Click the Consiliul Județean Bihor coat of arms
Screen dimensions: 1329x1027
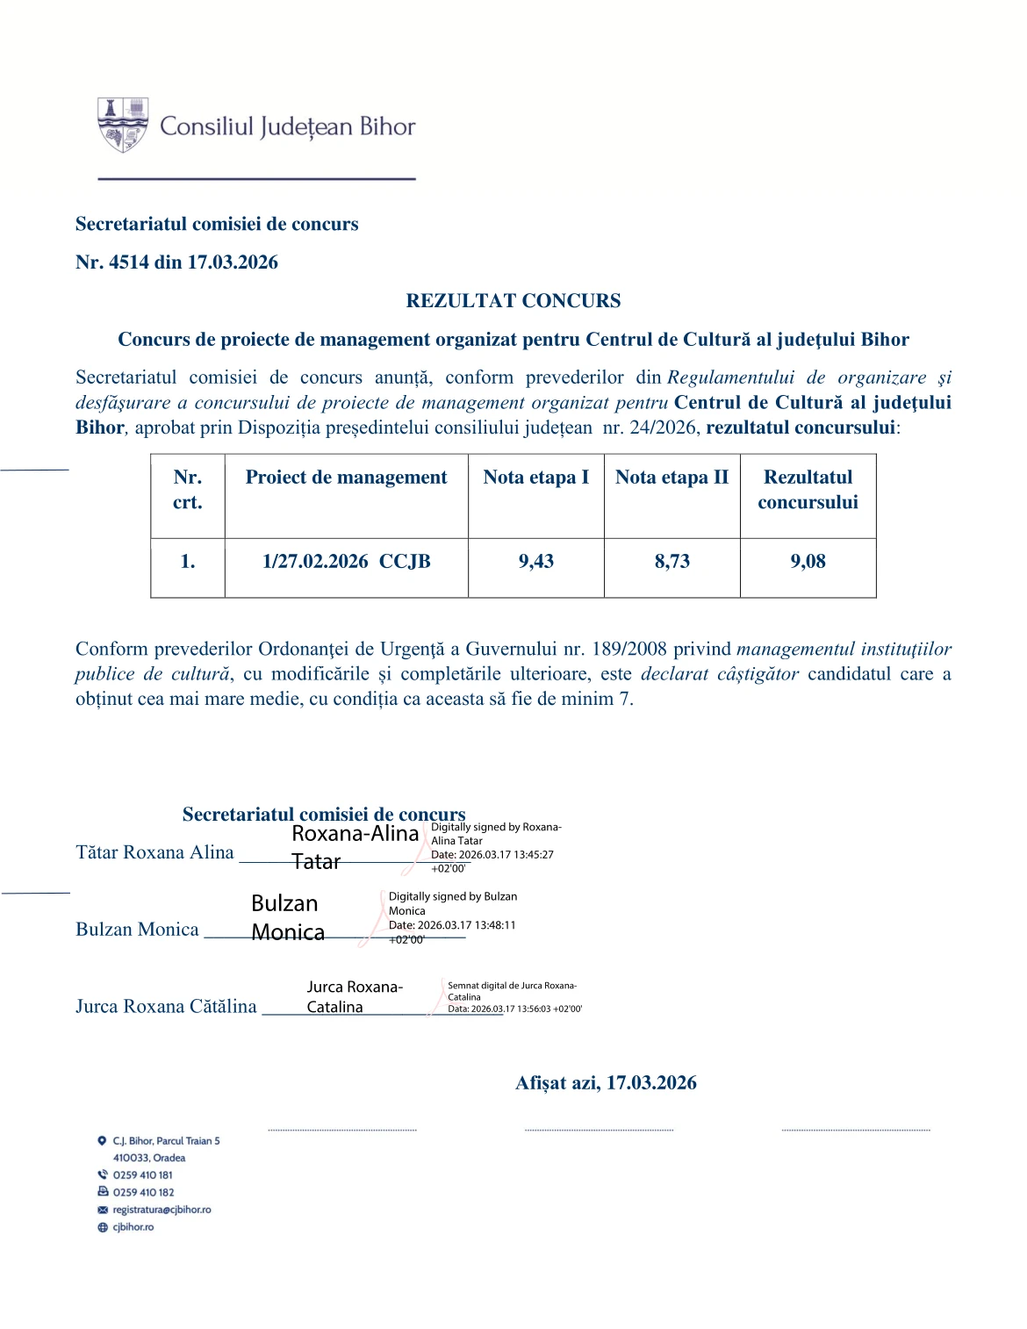(x=122, y=125)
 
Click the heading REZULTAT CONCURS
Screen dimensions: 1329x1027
(x=513, y=301)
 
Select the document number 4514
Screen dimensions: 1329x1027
(x=128, y=262)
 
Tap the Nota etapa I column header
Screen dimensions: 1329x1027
(x=535, y=478)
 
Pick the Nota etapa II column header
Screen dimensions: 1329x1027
(x=671, y=478)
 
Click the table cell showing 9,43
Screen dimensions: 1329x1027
(x=535, y=562)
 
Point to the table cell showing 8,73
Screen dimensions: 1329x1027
(x=671, y=562)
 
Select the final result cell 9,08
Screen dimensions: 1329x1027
(x=808, y=562)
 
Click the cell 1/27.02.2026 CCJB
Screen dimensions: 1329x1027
(x=346, y=562)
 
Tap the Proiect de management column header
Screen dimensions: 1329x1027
(x=346, y=478)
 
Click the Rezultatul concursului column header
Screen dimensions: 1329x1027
(x=808, y=490)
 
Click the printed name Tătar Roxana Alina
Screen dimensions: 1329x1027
(x=154, y=852)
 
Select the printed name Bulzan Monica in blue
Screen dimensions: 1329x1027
(x=137, y=930)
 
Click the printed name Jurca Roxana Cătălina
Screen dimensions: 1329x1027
(x=166, y=1007)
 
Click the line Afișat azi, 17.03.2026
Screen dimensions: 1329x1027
(x=606, y=1083)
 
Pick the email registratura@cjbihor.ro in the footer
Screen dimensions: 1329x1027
(x=162, y=1210)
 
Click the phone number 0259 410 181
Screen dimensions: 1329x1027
(x=142, y=1175)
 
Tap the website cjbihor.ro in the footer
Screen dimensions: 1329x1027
(x=133, y=1227)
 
